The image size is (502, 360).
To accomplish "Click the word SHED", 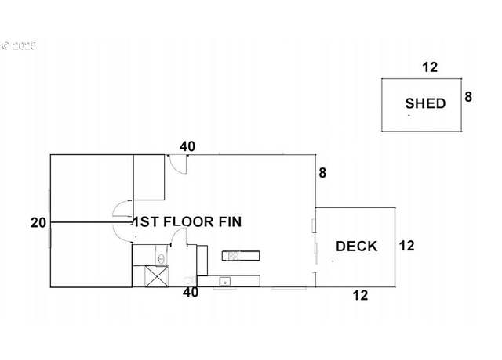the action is point(425,103).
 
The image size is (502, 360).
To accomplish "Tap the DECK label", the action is point(357,247).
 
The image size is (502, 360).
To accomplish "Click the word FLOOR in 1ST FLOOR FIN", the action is point(188,221).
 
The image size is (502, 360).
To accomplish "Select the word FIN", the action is point(230,221).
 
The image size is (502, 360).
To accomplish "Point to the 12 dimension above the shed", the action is point(430,67).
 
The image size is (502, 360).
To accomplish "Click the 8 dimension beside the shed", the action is point(468,97).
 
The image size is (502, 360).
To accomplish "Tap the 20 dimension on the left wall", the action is point(38,222).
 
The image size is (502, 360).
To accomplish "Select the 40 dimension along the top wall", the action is point(187,146).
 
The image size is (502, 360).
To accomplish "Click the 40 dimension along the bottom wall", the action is point(191,292).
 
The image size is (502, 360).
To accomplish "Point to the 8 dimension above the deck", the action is point(322,173).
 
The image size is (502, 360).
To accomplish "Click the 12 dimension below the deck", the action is point(361,296).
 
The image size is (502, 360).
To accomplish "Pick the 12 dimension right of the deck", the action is point(406,246).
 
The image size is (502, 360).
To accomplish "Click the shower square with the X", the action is point(157,276).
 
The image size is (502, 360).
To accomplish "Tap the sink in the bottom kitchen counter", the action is point(225,282).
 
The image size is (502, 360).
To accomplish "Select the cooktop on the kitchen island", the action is point(234,256).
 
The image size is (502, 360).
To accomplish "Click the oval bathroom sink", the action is point(161,258).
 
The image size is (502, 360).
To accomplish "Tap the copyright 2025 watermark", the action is point(19,45).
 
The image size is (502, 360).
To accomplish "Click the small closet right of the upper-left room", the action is point(149,178).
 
